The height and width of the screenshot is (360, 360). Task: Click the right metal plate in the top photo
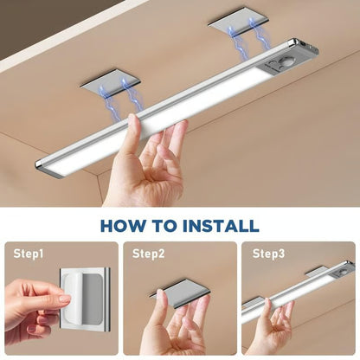click(239, 34)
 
